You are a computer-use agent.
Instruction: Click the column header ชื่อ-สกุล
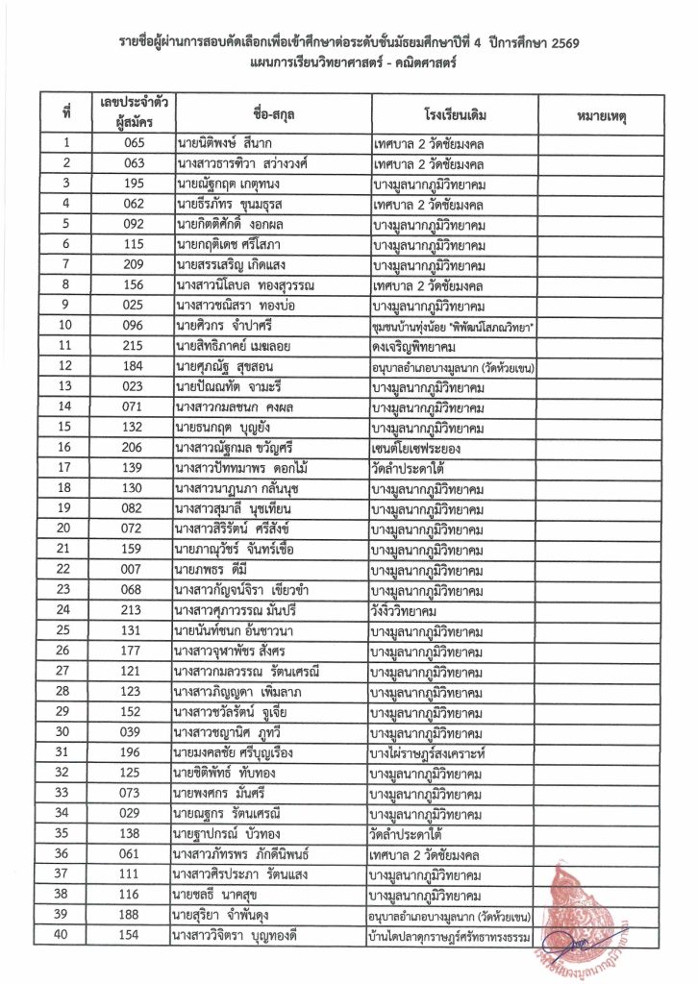point(272,115)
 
